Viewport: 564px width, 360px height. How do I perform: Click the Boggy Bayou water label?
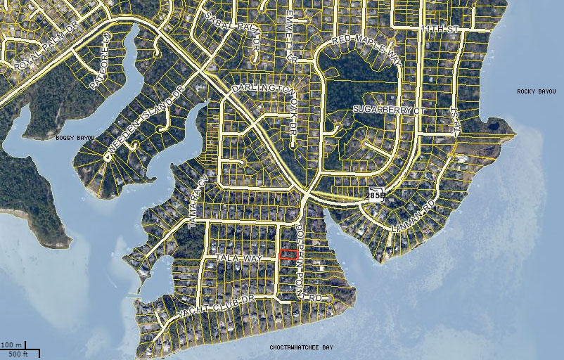[x=75, y=138]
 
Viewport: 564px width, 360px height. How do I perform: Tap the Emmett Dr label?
[x=289, y=39]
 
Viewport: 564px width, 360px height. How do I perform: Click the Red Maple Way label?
[x=366, y=49]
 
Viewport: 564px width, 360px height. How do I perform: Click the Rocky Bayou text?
[x=536, y=91]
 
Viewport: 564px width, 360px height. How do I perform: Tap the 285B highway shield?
[x=376, y=195]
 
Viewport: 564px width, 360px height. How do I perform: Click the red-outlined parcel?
[x=288, y=255]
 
